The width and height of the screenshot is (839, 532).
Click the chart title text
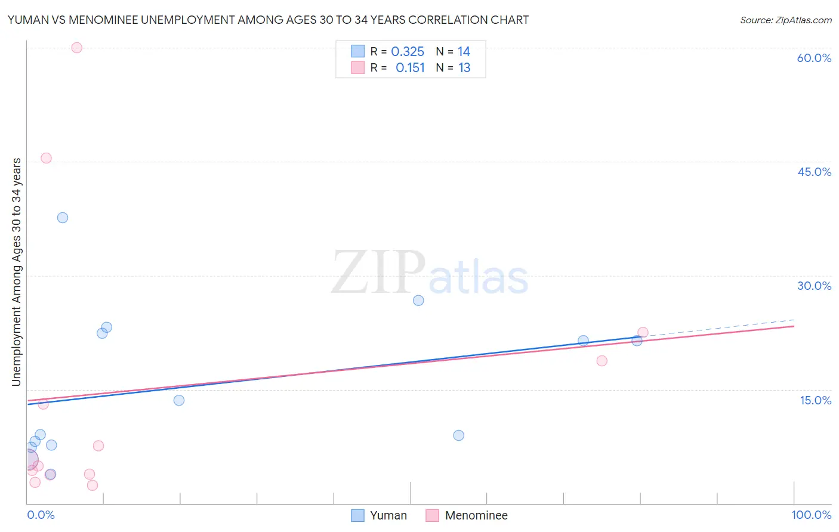tap(268, 20)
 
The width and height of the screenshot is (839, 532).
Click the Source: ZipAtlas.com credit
tap(785, 20)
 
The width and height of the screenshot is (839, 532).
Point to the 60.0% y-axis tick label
tap(814, 58)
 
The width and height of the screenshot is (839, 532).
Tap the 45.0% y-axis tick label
tap(814, 172)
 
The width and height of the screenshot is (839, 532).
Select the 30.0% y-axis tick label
tap(814, 286)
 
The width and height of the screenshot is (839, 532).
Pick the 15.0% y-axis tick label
tap(815, 400)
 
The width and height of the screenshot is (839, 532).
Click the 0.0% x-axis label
tap(41, 515)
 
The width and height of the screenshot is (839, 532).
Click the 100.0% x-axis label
tap(811, 515)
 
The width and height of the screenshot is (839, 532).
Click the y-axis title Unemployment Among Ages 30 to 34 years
tap(16, 272)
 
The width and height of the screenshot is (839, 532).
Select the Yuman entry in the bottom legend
tap(388, 515)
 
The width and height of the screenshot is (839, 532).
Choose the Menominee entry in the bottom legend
tap(476, 515)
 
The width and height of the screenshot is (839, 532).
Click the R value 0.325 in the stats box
tap(408, 52)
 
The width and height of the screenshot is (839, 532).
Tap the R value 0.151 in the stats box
tap(410, 68)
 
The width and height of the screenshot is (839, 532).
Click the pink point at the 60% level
tap(76, 48)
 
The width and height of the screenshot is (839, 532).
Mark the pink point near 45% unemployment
tap(46, 158)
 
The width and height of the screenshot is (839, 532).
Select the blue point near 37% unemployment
tap(63, 218)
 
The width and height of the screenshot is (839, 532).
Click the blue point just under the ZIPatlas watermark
tap(418, 301)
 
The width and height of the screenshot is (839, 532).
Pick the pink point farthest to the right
tap(643, 332)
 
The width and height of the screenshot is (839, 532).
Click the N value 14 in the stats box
tap(464, 52)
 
